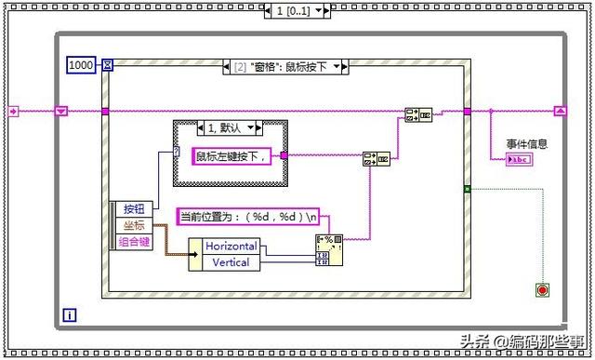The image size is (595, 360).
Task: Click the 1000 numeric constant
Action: point(81,64)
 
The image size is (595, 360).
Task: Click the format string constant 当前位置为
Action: point(247,217)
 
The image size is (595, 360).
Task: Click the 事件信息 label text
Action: point(526,143)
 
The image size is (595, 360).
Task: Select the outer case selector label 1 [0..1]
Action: point(297,10)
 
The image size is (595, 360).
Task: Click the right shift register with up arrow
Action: point(560,111)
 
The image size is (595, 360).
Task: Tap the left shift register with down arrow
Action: point(62,112)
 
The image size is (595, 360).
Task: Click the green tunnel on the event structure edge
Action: point(467,189)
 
